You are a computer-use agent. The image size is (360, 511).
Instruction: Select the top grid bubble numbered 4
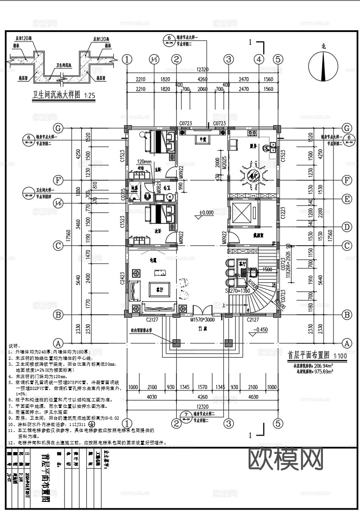(259, 59)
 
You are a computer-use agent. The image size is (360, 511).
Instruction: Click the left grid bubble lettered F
(58, 180)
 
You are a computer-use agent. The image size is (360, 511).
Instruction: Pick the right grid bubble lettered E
(347, 199)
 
